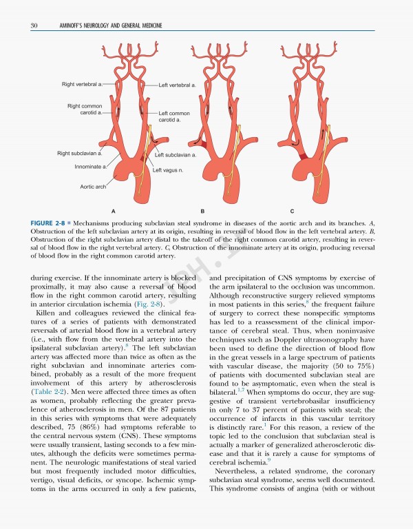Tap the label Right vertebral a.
[81, 84]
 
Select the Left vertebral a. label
[177, 85]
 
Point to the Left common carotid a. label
[173, 116]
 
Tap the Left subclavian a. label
[176, 155]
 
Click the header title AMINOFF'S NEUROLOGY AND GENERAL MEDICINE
[102, 26]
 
